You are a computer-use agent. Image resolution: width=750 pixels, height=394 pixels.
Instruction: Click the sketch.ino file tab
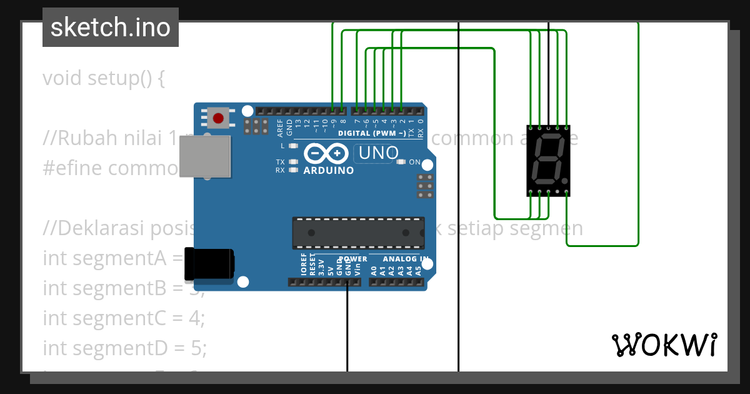[111, 28]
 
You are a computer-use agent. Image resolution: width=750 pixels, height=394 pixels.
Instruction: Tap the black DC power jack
[209, 264]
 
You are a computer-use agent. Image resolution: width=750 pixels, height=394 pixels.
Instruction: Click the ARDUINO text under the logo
[328, 170]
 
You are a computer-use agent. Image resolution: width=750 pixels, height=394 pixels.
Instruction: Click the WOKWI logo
[664, 345]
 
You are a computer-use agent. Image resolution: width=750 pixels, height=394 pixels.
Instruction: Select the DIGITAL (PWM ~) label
[371, 133]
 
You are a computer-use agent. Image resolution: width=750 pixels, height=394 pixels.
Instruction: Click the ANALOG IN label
[406, 259]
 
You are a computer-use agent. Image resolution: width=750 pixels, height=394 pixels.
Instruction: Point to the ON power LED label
[415, 162]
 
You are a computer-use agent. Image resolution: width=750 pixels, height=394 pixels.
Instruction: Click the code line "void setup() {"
[104, 79]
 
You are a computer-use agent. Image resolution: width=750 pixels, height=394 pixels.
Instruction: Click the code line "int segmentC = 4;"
[124, 318]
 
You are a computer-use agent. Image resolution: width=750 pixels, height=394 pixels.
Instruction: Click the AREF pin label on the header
[280, 128]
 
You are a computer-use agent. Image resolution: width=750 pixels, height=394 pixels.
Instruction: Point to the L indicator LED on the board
[292, 146]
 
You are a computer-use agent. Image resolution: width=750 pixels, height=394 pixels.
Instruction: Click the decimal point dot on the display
[566, 181]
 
